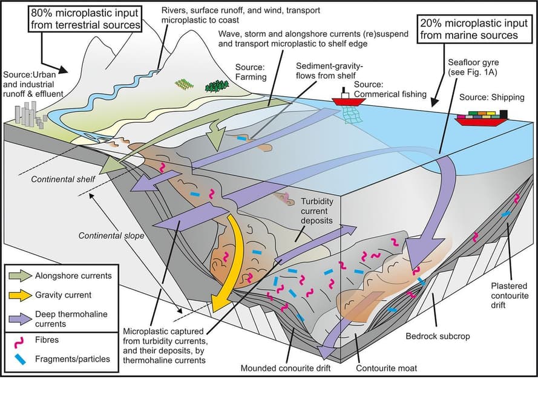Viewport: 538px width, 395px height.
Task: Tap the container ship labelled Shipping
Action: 481,117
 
